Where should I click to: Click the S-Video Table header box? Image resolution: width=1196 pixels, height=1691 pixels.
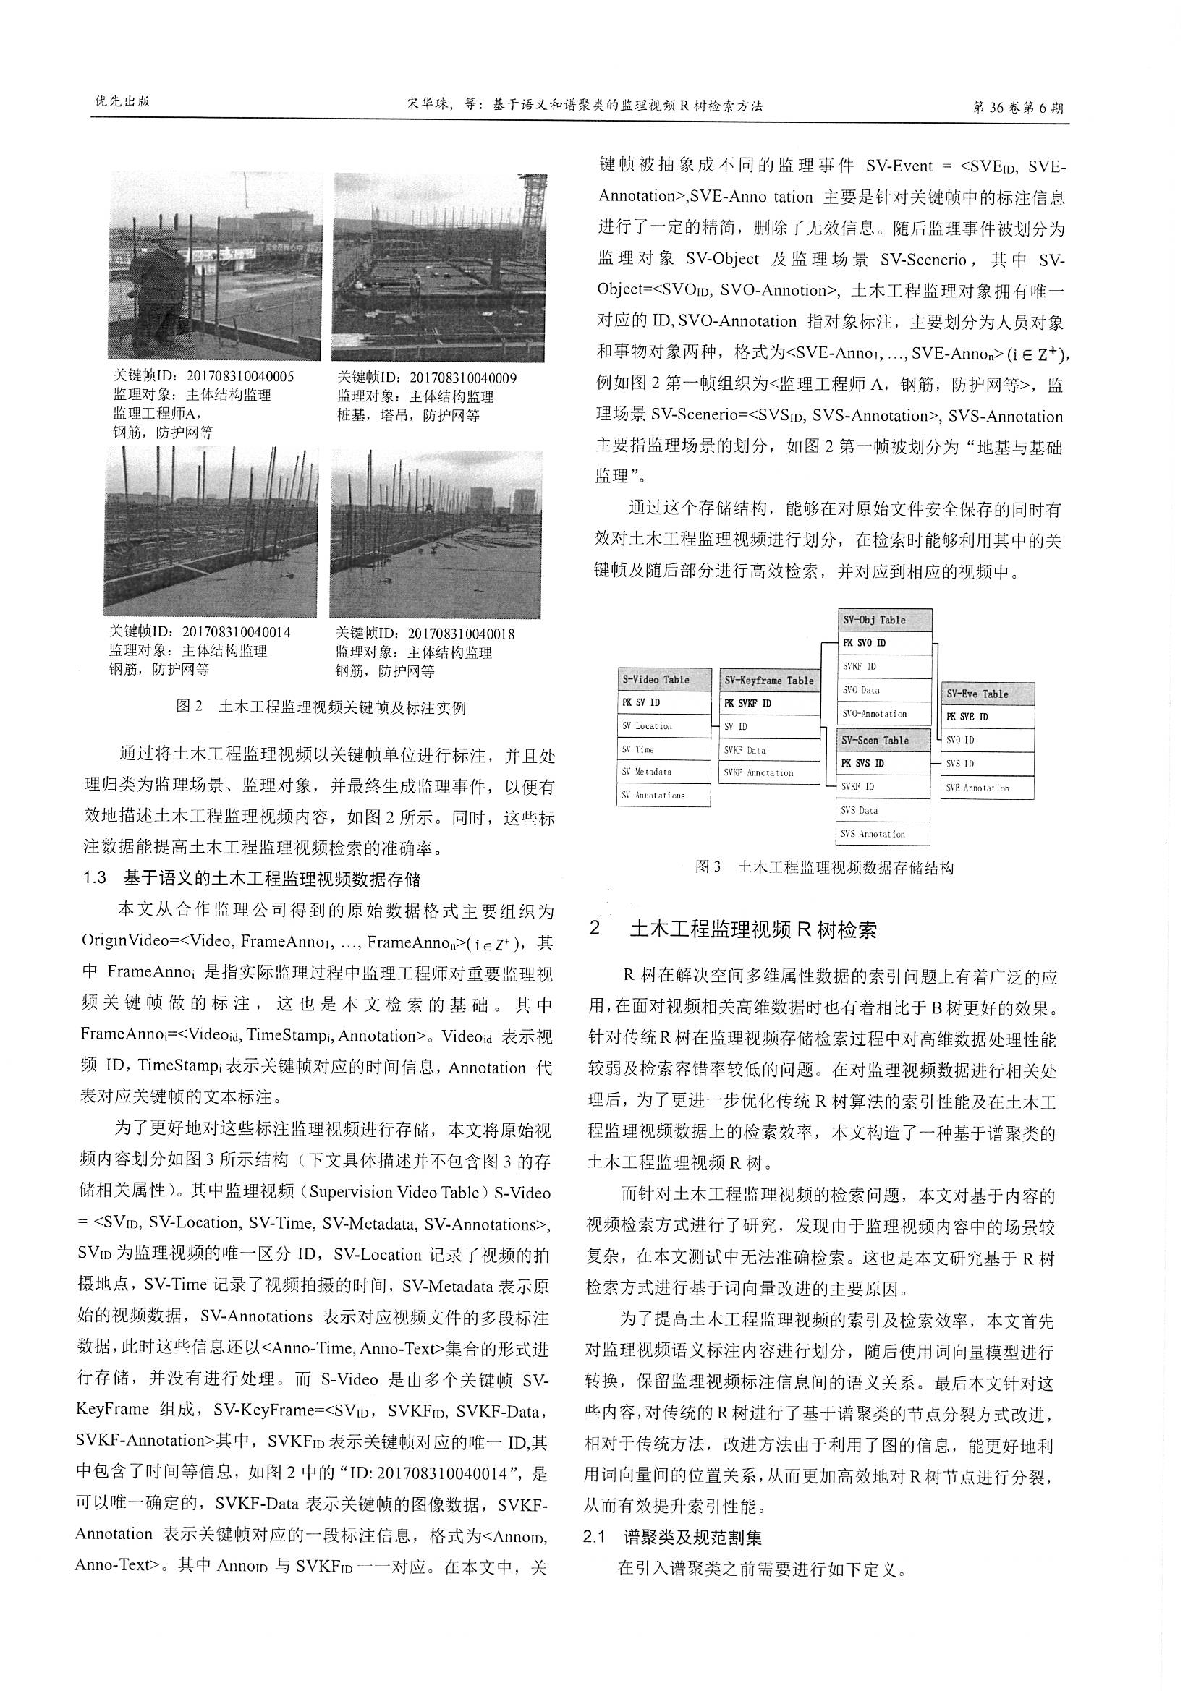click(x=663, y=680)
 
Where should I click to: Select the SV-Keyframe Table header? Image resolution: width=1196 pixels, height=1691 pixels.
click(x=768, y=681)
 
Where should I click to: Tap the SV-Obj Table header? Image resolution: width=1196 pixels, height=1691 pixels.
click(x=886, y=620)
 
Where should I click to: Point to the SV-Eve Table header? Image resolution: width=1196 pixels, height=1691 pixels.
click(x=987, y=694)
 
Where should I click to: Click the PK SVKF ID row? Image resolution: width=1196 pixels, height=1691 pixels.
click(x=768, y=703)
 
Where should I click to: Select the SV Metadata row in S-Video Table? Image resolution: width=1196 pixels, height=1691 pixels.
click(x=663, y=772)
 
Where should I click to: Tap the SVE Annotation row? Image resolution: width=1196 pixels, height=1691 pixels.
click(x=987, y=788)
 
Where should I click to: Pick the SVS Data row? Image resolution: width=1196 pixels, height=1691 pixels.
click(x=884, y=810)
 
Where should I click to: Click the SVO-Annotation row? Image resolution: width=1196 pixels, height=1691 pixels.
click(x=886, y=714)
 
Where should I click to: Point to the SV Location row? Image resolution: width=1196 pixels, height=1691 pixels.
click(x=663, y=726)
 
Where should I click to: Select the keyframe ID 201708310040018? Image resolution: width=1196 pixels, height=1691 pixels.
click(x=425, y=634)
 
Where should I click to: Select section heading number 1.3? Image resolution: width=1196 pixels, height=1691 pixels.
click(x=95, y=879)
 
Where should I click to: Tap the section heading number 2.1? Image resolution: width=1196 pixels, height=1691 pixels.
click(x=594, y=1538)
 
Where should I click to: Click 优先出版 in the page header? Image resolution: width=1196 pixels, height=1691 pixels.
click(x=123, y=102)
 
